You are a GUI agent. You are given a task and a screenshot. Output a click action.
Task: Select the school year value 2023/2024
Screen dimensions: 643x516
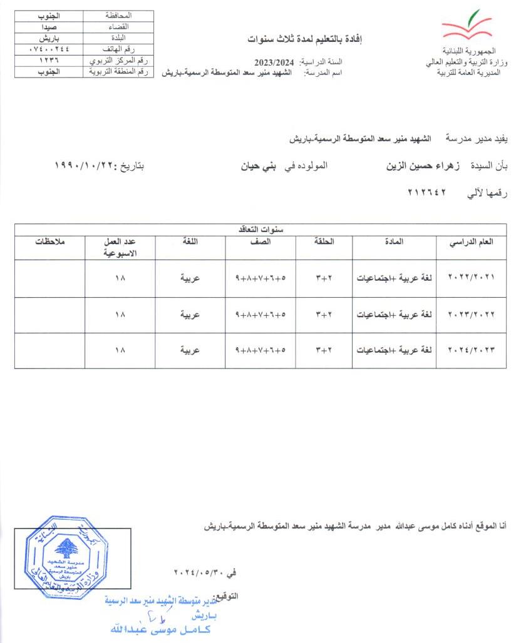[274, 62]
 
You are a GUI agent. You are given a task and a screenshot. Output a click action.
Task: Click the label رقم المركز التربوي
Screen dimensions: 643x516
[118, 60]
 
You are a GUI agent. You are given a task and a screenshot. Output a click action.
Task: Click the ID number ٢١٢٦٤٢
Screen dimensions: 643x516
[425, 195]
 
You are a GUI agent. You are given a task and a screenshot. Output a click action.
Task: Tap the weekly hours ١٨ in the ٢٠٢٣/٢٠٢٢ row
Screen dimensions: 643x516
[120, 315]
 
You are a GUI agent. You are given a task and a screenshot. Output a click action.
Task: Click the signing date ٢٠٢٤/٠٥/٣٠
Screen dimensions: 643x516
[198, 572]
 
